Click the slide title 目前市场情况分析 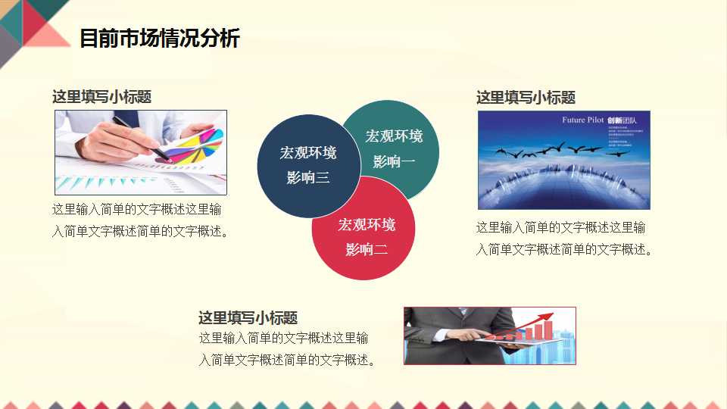159,38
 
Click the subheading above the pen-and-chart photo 101,97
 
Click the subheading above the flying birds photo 526,98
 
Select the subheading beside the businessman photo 248,318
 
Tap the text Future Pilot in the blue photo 583,120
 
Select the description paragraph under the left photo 140,220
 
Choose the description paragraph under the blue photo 563,239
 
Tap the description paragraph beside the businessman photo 287,348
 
